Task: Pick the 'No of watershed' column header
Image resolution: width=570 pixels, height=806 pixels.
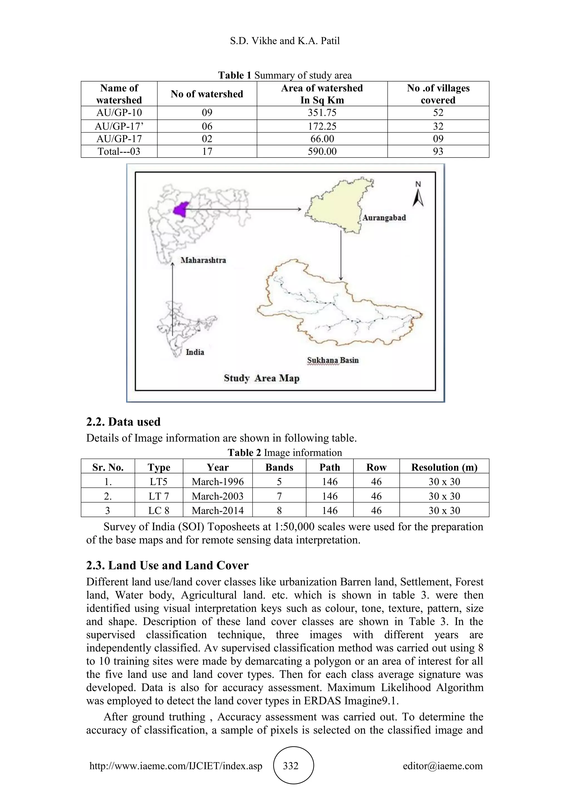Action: pyautogui.click(x=207, y=94)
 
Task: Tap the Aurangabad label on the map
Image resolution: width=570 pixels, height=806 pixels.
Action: pyautogui.click(x=384, y=218)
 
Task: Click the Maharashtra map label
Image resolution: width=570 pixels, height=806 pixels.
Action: pyautogui.click(x=203, y=260)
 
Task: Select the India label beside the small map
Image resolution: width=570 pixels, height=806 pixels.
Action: pyautogui.click(x=195, y=352)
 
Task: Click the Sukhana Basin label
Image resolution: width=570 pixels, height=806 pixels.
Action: pyautogui.click(x=333, y=360)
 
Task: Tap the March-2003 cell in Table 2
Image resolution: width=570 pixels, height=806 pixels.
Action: pyautogui.click(x=218, y=496)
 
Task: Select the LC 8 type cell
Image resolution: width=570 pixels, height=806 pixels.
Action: pyautogui.click(x=159, y=510)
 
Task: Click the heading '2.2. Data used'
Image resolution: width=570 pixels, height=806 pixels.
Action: pyautogui.click(x=124, y=422)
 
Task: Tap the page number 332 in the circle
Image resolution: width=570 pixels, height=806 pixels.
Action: pyautogui.click(x=291, y=766)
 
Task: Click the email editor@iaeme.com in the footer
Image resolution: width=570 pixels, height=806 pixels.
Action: pyautogui.click(x=443, y=766)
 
